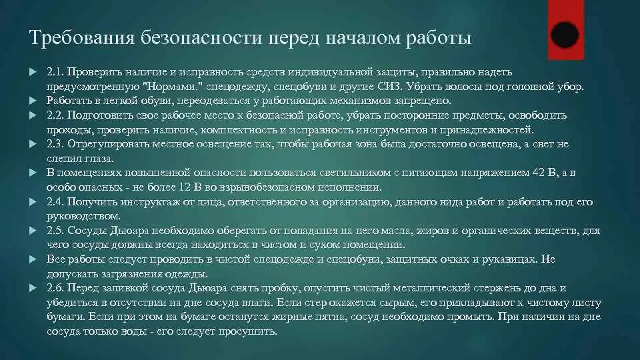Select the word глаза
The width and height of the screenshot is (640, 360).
click(99, 159)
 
